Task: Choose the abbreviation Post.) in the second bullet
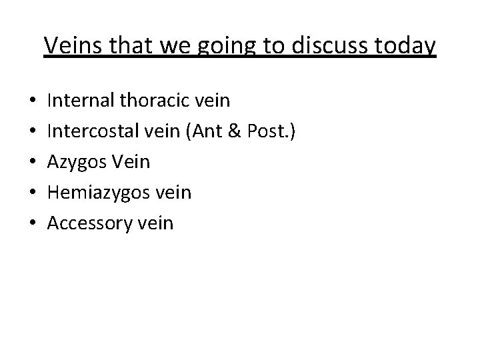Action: click(268, 132)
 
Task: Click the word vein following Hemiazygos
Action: click(174, 193)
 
